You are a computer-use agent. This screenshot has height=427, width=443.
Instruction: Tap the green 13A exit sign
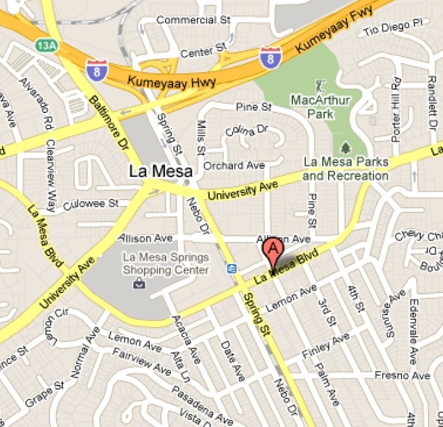(45, 45)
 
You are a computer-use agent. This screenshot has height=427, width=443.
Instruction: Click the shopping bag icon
(139, 283)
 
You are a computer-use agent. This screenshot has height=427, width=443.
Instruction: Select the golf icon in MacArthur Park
(320, 86)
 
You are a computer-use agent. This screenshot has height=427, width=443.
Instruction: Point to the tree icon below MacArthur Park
(345, 147)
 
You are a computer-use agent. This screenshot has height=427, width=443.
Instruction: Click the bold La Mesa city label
(160, 172)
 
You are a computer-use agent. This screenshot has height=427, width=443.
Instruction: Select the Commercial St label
(194, 20)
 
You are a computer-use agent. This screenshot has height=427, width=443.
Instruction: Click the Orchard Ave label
(234, 166)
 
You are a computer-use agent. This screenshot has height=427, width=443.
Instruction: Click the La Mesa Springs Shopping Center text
(166, 264)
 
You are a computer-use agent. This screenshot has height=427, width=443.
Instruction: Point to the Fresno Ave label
(402, 376)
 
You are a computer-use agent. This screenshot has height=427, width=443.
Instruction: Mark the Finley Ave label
(327, 347)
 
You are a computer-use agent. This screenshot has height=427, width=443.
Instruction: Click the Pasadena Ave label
(201, 404)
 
